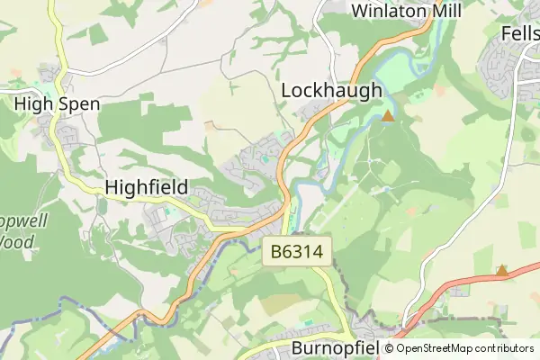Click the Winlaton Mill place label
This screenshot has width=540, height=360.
pyautogui.click(x=406, y=11)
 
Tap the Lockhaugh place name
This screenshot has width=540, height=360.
pyautogui.click(x=332, y=91)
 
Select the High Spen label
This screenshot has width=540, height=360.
pyautogui.click(x=57, y=104)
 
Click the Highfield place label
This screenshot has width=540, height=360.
pyautogui.click(x=147, y=187)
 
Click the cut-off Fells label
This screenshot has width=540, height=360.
pyautogui.click(x=520, y=31)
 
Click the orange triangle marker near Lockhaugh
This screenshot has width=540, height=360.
pyautogui.click(x=388, y=116)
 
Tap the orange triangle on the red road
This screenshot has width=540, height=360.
pyautogui.click(x=501, y=270)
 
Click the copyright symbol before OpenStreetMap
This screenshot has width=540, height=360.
pyautogui.click(x=390, y=348)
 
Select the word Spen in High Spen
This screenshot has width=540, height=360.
pyautogui.click(x=79, y=104)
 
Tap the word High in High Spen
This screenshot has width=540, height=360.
pyautogui.click(x=34, y=104)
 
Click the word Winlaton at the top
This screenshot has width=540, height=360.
pyautogui.click(x=386, y=11)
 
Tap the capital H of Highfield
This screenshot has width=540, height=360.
pyautogui.click(x=112, y=187)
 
